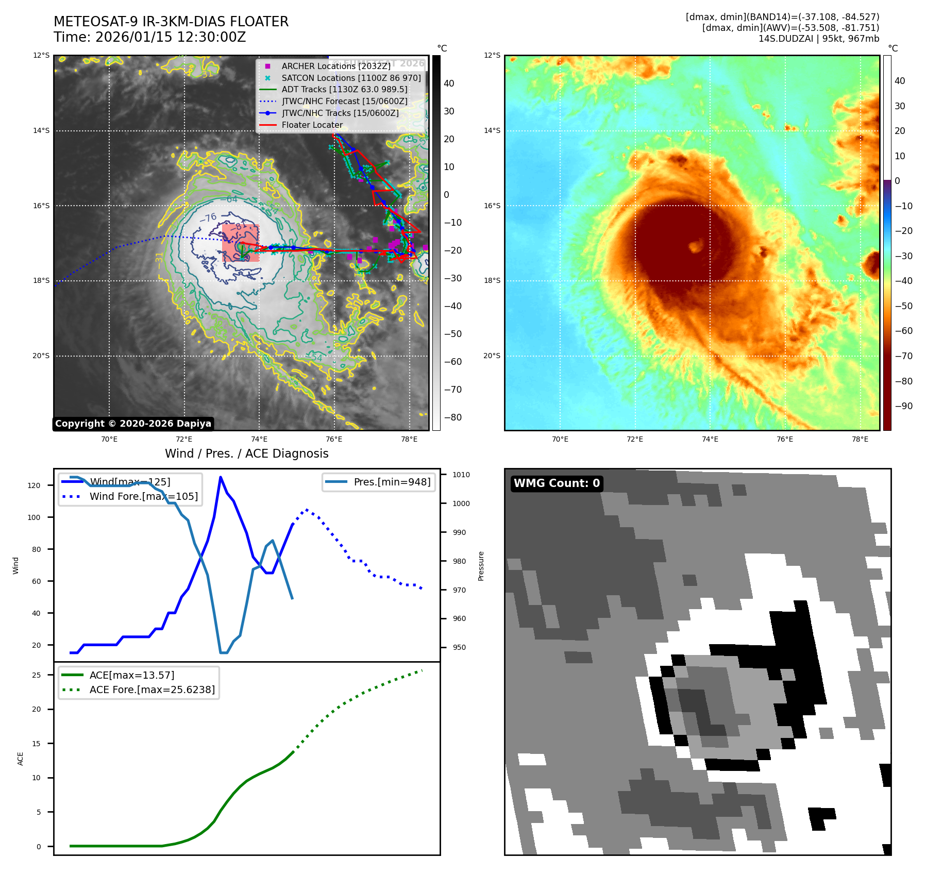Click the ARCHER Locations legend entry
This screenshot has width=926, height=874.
tap(335, 66)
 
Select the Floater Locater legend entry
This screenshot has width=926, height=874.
tap(312, 125)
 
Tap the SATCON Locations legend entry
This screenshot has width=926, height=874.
tap(351, 78)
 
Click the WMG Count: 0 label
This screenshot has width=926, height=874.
tap(557, 483)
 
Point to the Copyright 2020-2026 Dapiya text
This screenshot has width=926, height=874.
tap(133, 424)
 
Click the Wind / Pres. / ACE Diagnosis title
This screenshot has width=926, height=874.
tap(246, 453)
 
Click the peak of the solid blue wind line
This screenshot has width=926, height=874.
tap(221, 477)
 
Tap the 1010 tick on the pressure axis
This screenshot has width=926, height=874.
tap(461, 475)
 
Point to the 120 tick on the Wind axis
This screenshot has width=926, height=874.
tap(34, 485)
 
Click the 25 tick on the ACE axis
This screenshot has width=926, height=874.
tap(37, 675)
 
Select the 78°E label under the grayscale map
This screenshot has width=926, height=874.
tap(409, 439)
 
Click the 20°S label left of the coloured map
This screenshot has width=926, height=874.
tap(492, 356)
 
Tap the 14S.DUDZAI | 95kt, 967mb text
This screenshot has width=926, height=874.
tap(818, 39)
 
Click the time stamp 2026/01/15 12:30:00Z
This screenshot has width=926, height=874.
tap(171, 37)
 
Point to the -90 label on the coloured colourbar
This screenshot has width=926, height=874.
tap(903, 406)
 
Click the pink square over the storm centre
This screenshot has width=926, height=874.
tap(241, 243)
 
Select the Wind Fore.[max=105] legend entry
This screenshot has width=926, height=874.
tap(143, 496)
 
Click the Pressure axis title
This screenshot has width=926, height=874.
tap(481, 566)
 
